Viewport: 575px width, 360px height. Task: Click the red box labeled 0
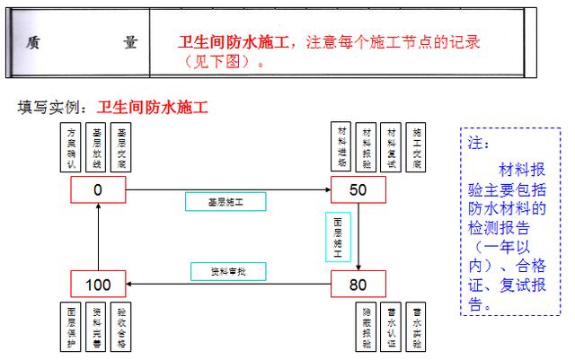[98, 189]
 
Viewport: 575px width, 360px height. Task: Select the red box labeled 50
[358, 189]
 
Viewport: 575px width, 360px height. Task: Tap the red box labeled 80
[358, 285]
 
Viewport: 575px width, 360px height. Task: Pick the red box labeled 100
[98, 285]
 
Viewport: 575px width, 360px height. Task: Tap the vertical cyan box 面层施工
[338, 235]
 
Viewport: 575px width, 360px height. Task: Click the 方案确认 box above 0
[75, 146]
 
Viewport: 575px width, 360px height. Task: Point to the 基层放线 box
[98, 146]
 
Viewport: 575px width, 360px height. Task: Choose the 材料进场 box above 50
[341, 146]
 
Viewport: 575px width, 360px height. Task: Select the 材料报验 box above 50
[367, 146]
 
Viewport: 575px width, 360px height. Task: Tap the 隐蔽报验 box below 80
[367, 327]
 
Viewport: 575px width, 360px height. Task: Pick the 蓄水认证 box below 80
[391, 327]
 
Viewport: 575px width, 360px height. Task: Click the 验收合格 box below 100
[121, 327]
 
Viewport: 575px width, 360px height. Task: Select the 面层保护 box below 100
[73, 327]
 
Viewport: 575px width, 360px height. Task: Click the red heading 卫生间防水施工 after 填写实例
[153, 109]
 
